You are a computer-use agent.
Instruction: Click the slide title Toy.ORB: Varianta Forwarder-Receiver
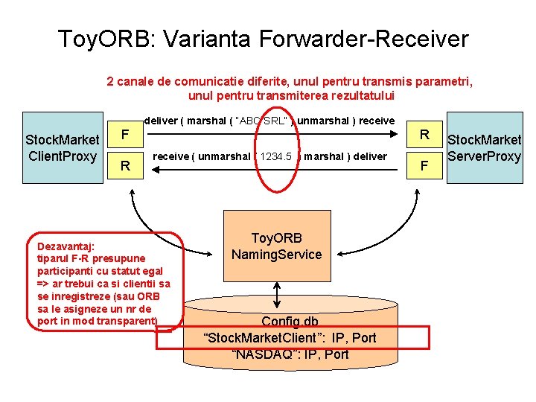(263, 39)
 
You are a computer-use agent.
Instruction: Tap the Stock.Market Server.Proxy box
(484, 147)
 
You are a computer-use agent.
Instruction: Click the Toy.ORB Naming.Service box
(276, 246)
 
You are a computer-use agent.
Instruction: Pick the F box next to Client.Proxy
(126, 134)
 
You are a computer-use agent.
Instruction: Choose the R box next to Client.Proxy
(126, 166)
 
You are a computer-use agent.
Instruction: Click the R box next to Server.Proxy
(424, 134)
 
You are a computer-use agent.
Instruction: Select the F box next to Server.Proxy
(424, 165)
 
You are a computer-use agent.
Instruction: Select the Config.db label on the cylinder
(290, 322)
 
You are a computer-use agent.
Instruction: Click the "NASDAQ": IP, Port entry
(290, 354)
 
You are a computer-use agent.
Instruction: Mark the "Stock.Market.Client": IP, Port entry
(290, 337)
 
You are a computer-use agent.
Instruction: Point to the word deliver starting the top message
(160, 121)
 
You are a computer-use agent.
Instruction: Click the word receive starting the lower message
(170, 156)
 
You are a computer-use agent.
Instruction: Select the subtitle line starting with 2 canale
(290, 80)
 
